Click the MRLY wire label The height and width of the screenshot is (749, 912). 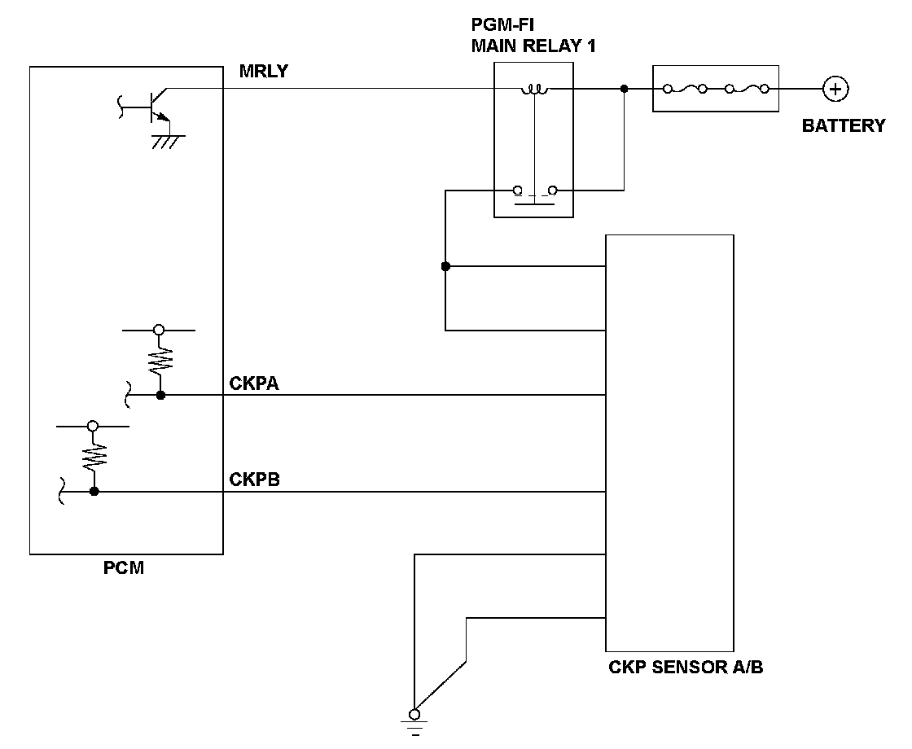pos(264,71)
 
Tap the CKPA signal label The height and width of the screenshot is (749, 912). pos(254,383)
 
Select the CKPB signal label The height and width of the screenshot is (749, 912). pos(254,480)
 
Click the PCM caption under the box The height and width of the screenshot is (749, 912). pos(123,567)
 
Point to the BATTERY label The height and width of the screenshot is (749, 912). pos(844,125)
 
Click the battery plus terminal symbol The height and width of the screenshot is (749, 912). pos(835,89)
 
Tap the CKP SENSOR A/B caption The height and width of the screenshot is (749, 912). pos(686,667)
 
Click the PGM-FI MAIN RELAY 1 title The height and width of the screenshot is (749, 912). pos(533,36)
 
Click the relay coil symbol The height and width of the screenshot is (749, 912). pos(534,90)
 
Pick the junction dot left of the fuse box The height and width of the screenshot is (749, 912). pos(624,89)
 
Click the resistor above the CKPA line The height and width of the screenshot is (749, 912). pos(160,361)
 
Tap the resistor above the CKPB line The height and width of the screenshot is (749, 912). pos(93,457)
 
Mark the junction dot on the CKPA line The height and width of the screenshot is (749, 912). pos(160,396)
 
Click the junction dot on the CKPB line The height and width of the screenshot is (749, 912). pos(94,492)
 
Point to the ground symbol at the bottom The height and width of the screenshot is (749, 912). pos(414,724)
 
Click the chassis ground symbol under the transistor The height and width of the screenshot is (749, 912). pos(169,142)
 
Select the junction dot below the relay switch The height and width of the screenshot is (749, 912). pos(445,266)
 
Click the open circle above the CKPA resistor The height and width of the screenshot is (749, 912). pos(159,330)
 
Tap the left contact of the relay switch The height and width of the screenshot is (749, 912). pos(517,191)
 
